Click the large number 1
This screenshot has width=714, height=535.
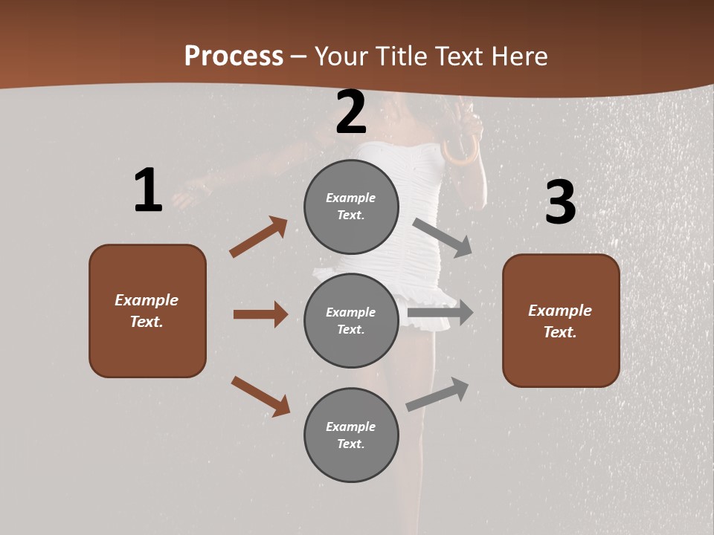pyautogui.click(x=148, y=190)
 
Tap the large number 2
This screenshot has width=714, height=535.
pyautogui.click(x=351, y=112)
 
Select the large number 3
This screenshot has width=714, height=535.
pyautogui.click(x=560, y=202)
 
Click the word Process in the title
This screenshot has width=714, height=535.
pyautogui.click(x=234, y=56)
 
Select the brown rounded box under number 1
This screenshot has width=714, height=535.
pyautogui.click(x=147, y=311)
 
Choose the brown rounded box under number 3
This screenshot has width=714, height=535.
pyautogui.click(x=561, y=321)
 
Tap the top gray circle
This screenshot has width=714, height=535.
pyautogui.click(x=351, y=207)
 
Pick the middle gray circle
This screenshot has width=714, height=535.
pyautogui.click(x=351, y=321)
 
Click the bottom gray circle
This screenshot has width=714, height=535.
pyautogui.click(x=351, y=435)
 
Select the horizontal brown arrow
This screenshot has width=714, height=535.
pyautogui.click(x=260, y=314)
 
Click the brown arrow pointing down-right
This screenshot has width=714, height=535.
pyautogui.click(x=260, y=396)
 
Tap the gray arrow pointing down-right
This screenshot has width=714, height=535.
pyautogui.click(x=443, y=237)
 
